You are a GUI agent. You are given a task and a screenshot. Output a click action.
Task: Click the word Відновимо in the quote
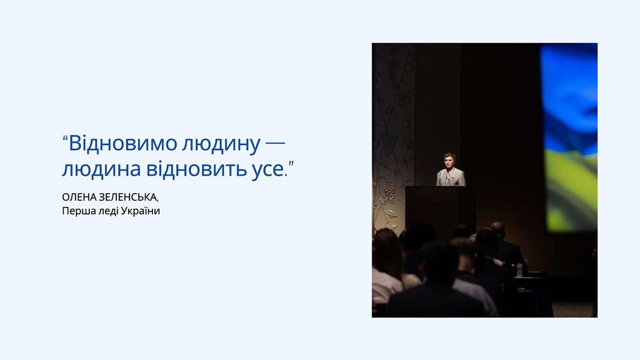(123, 143)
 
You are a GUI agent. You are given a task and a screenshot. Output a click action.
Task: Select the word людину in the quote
(221, 145)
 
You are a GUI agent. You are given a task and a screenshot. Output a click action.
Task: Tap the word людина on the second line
(102, 169)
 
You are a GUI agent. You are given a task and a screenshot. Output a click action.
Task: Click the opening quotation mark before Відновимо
(65, 138)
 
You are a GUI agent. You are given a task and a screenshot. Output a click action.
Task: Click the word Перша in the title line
(74, 211)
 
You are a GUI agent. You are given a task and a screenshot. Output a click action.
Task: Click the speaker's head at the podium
(449, 160)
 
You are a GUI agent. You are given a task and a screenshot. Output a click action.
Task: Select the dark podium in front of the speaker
(441, 209)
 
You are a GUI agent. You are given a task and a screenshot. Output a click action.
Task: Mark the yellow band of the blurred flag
(571, 192)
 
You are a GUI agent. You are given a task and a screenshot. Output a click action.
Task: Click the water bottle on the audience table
(519, 270)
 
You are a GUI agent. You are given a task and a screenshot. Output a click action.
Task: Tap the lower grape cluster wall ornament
(390, 192)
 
